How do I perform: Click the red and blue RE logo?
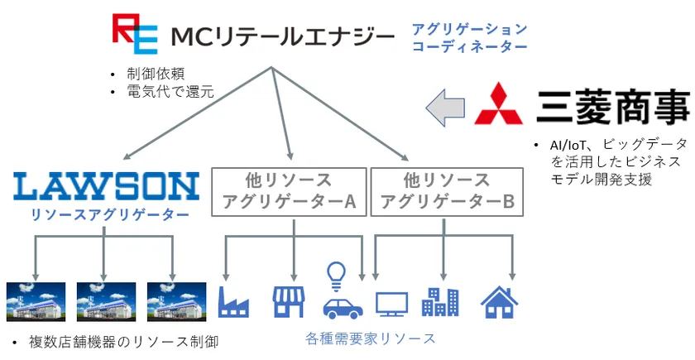click(135, 34)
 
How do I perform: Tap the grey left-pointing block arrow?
click(445, 108)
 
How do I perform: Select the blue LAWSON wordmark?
click(106, 187)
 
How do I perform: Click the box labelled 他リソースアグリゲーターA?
click(289, 191)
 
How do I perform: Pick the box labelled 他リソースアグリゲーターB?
click(448, 191)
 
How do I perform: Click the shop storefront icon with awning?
click(288, 301)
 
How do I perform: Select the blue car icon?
click(343, 309)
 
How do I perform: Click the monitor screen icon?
click(392, 305)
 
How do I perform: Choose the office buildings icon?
click(440, 301)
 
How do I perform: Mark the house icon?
click(499, 302)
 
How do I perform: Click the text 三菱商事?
click(613, 107)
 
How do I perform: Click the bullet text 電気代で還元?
click(170, 91)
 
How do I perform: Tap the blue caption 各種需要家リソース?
click(371, 338)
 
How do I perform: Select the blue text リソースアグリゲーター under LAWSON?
click(109, 215)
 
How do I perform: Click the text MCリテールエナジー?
click(282, 36)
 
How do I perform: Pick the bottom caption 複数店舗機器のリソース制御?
click(123, 342)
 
